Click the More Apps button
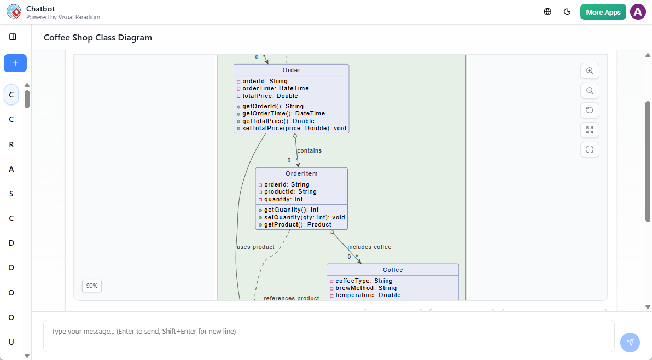click(603, 12)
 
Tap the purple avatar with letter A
click(638, 12)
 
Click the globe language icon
click(548, 12)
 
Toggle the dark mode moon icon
click(567, 12)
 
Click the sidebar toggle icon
click(13, 37)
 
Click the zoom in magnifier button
click(590, 71)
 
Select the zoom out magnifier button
click(590, 91)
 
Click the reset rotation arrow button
click(590, 111)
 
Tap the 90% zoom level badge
click(92, 286)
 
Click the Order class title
click(292, 70)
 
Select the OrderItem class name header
click(301, 173)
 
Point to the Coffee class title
click(393, 270)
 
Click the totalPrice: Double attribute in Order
click(270, 96)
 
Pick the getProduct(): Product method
click(298, 224)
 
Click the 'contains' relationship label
click(309, 150)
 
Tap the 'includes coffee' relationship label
click(369, 247)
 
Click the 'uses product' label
click(255, 247)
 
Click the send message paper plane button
click(630, 342)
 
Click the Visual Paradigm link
click(79, 18)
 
